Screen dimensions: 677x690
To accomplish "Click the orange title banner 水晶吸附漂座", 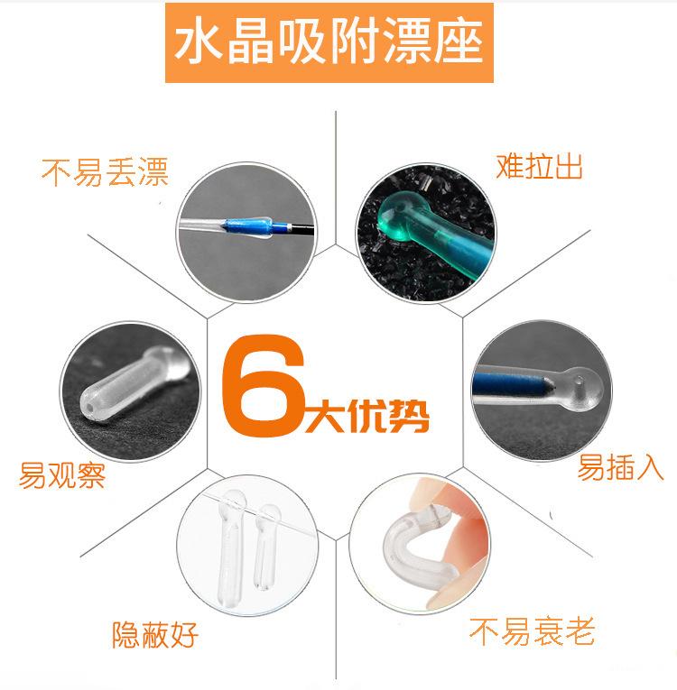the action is click(x=329, y=42).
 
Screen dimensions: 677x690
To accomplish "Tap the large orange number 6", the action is click(x=264, y=385).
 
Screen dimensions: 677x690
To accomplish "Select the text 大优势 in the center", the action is click(x=366, y=416).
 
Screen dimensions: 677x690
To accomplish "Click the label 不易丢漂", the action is click(x=105, y=172).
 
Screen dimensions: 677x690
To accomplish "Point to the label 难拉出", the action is click(x=539, y=166).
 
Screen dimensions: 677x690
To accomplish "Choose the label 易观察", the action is click(x=62, y=474).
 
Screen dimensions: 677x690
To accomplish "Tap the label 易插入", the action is click(x=620, y=467).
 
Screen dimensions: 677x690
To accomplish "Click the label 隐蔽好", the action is click(x=155, y=635).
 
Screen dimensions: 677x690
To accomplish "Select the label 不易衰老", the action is click(x=532, y=631).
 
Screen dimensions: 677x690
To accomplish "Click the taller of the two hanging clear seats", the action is click(x=231, y=547).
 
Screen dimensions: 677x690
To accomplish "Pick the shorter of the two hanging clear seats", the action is click(x=265, y=547).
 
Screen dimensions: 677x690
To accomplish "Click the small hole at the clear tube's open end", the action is click(x=91, y=408).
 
